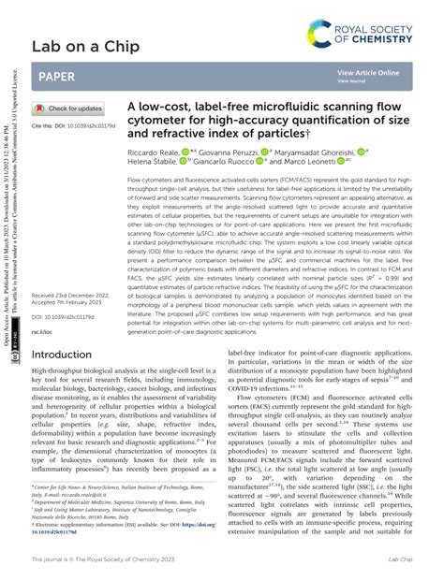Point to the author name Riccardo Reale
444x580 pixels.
pyautogui.click(x=153, y=151)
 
